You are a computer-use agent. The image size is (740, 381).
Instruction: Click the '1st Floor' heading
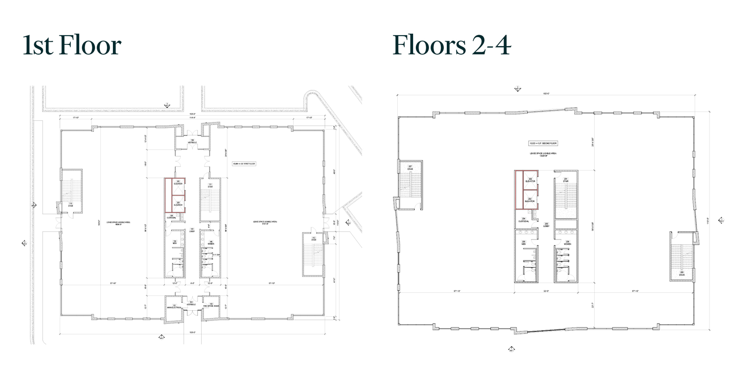coord(72,45)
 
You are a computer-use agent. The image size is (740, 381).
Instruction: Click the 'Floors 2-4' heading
coord(451,45)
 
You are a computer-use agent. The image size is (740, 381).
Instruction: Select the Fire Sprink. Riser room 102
coord(211,306)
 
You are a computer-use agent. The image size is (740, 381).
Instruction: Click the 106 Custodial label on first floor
coord(172,216)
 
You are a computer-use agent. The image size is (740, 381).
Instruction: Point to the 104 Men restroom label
coord(174,242)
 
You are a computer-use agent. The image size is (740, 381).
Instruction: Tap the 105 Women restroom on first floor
coord(210,242)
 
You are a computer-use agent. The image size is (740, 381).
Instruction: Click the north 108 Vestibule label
coord(192,141)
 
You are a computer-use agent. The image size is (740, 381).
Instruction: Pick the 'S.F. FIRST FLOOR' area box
coord(245,164)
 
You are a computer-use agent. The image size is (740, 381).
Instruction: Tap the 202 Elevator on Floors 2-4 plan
coord(530,180)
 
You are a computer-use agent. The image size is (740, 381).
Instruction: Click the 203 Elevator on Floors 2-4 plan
coord(530,200)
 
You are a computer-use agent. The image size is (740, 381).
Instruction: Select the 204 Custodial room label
coord(524,220)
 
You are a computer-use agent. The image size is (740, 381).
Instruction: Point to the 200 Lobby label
coord(546,225)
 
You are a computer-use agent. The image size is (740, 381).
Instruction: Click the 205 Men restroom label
coord(524,242)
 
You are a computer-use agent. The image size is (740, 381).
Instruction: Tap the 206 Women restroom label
coord(567,242)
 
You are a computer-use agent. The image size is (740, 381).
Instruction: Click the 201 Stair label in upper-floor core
coord(566,180)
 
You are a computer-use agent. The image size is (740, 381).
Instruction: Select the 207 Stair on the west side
coord(410,167)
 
